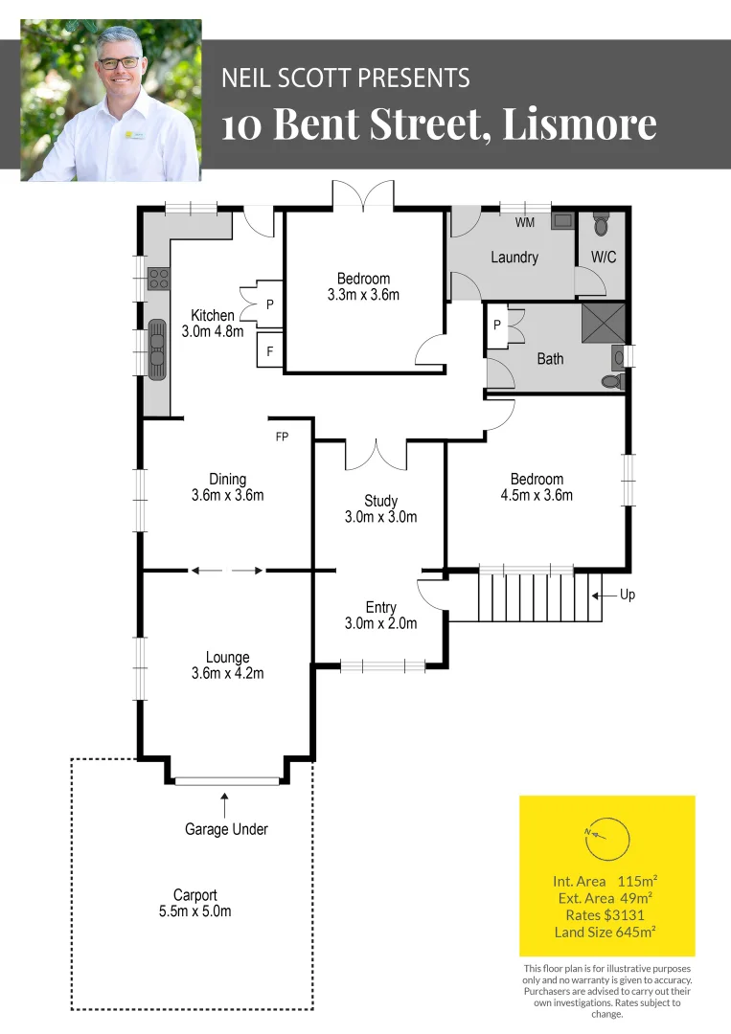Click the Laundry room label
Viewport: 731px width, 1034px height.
[514, 258]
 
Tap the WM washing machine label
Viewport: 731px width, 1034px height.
[525, 223]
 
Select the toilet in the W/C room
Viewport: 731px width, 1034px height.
[601, 225]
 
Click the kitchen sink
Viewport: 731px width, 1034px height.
[157, 350]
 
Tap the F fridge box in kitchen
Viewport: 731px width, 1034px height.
[270, 351]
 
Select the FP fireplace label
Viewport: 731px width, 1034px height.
[282, 437]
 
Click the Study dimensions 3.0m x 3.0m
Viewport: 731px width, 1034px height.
[380, 517]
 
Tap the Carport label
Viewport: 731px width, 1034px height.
[194, 895]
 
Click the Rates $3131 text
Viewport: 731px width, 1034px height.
[605, 915]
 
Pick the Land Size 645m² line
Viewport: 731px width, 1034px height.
[605, 933]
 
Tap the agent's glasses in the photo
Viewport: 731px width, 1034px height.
[120, 62]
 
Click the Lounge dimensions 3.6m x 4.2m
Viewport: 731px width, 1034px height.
[227, 673]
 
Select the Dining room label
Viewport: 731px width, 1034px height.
[227, 479]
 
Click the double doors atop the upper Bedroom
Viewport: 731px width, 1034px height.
[362, 194]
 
